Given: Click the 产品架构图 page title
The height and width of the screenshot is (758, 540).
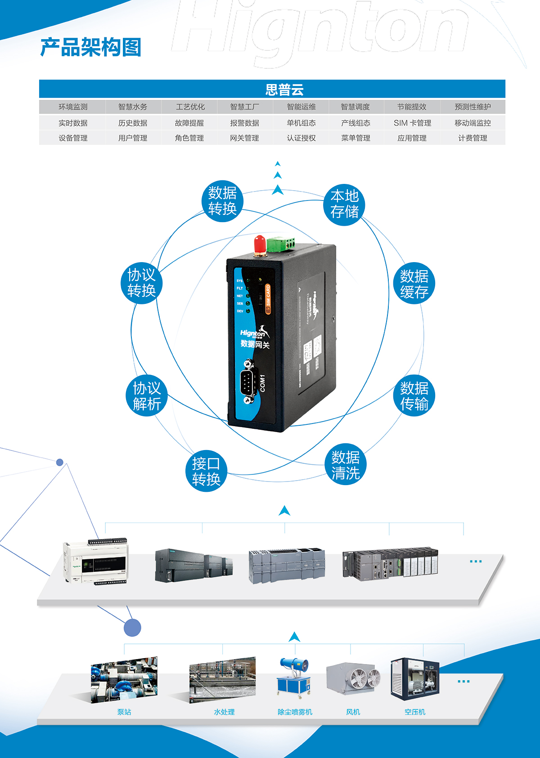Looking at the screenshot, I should tap(91, 48).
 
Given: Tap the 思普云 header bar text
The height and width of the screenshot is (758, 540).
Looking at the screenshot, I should tap(284, 89).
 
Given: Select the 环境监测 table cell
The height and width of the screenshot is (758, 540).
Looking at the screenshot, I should tap(73, 107).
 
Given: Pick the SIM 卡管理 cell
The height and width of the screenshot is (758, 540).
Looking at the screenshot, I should tap(412, 123).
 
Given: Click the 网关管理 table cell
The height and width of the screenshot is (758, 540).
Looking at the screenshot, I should tap(244, 138).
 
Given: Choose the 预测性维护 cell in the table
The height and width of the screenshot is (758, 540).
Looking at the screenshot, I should tap(472, 107).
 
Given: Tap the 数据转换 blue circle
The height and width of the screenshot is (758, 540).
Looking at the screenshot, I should tap(222, 201).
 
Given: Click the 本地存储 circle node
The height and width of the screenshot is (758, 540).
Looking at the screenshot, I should tap(344, 204).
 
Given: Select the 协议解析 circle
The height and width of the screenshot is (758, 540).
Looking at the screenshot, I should tap(147, 396).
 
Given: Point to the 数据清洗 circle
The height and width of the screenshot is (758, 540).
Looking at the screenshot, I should tap(346, 465).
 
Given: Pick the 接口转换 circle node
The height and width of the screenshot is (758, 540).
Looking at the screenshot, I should tap(206, 471).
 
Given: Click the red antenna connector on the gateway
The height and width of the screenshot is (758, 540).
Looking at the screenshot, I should tap(259, 245).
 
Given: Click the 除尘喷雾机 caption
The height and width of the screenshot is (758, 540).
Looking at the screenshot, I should tap(295, 712).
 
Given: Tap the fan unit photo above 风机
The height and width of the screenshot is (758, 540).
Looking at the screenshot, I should tap(353, 679).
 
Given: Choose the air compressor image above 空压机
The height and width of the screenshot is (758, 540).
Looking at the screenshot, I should tap(414, 679).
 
